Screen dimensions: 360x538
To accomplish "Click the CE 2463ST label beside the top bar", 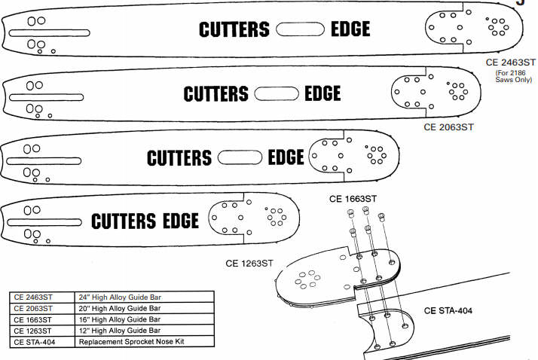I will [510, 63].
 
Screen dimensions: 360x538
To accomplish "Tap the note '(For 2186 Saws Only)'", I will [512, 76].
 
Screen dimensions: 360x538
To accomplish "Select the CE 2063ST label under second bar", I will [448, 127].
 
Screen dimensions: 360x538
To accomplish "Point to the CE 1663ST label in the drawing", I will [353, 199].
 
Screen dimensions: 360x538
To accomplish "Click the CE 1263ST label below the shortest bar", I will [249, 263].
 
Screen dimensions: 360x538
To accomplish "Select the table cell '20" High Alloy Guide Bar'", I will [119, 309].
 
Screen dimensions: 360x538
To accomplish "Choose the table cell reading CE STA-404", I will [35, 342].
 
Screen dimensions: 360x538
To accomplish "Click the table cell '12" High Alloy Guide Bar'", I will [119, 331].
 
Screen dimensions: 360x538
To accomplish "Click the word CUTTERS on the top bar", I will [234, 29].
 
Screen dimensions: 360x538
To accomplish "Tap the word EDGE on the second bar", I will [322, 93].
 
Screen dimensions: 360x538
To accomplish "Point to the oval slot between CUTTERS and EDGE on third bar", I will [239, 157].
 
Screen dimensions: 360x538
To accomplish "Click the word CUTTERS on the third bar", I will [179, 157].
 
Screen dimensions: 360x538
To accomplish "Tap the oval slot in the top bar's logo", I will [300, 29].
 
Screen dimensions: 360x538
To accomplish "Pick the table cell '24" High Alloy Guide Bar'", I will [119, 297].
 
